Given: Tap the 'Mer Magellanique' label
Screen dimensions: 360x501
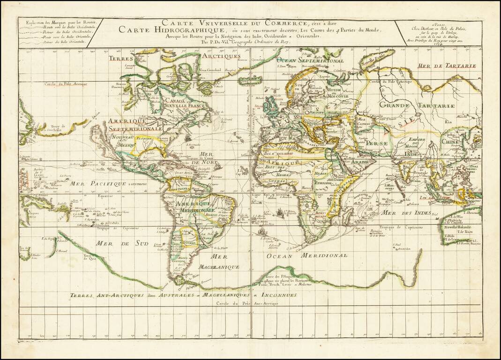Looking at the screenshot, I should click(x=224, y=262).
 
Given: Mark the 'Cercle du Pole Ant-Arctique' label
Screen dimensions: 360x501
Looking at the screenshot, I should click(x=247, y=303).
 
